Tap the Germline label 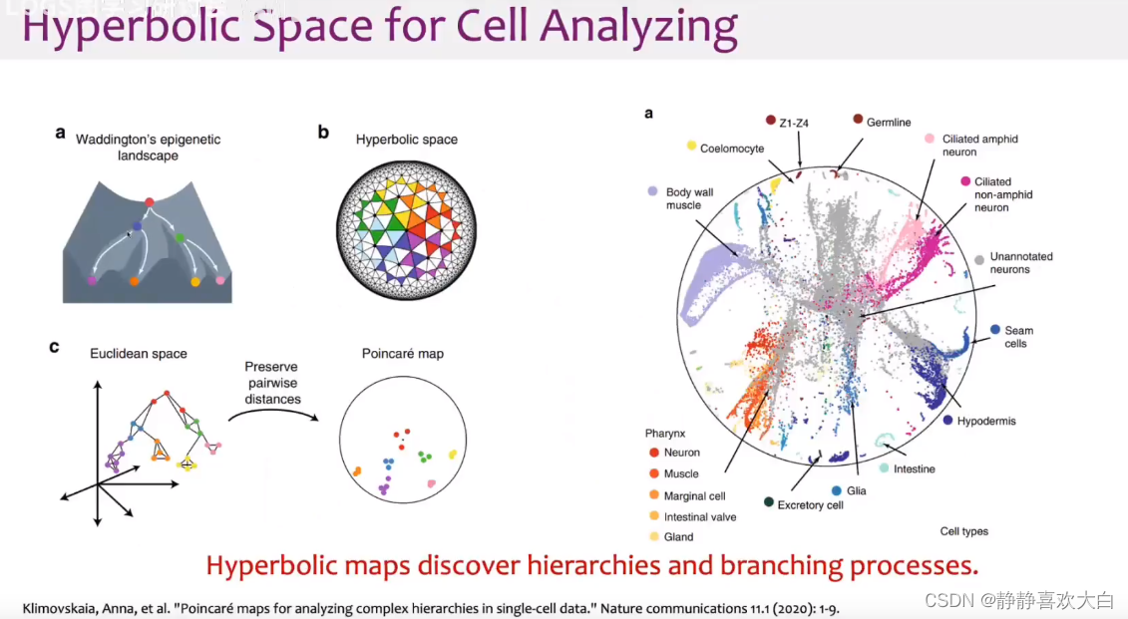(889, 123)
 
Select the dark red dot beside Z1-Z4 (770, 120)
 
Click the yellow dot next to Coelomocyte (691, 146)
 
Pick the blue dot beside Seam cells (994, 329)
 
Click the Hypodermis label (986, 421)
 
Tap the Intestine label (914, 468)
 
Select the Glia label (857, 490)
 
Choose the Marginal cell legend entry (695, 495)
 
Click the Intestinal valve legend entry (699, 516)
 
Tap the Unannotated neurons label (1021, 263)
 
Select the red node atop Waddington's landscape (150, 203)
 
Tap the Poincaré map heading (403, 354)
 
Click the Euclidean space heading (139, 354)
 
